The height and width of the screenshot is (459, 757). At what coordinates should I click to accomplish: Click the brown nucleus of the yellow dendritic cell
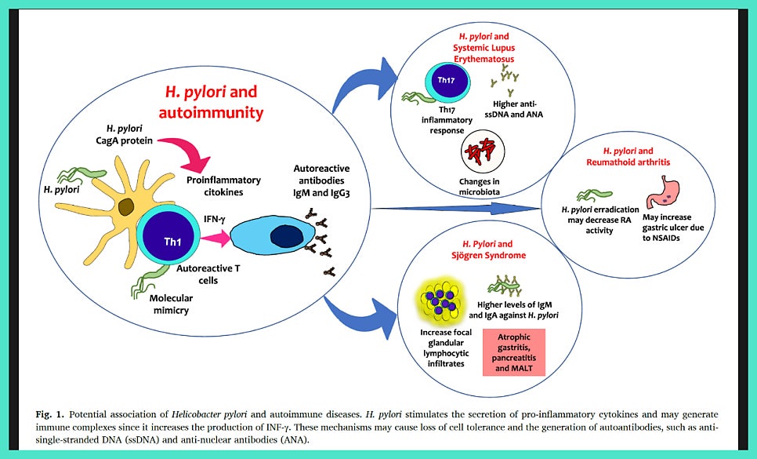127,208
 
